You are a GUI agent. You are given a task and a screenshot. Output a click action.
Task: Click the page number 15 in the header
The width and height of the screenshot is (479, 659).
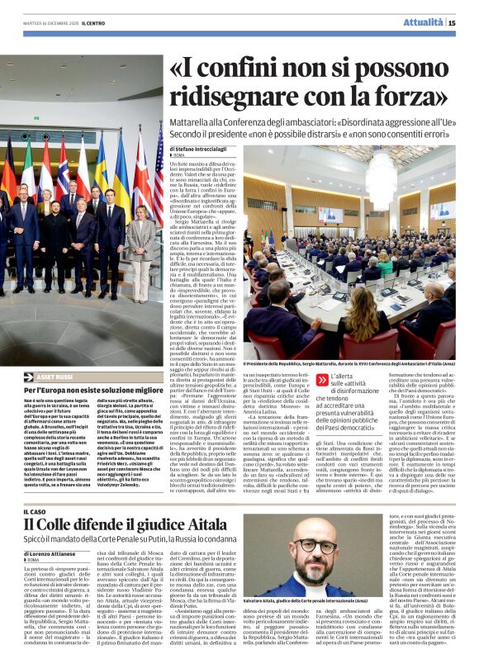pyautogui.click(x=464, y=23)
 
